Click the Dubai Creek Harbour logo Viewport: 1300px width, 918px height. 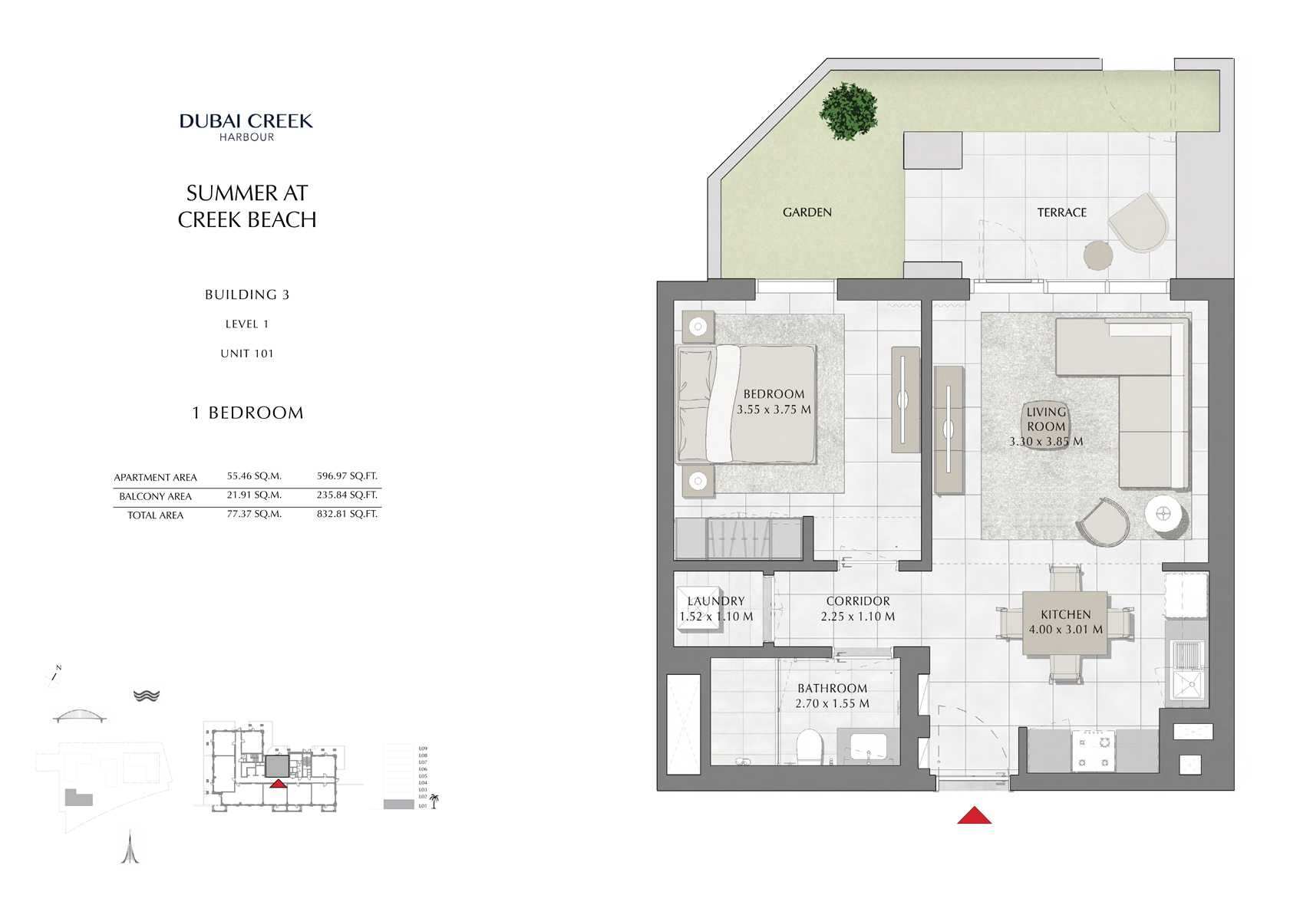pyautogui.click(x=246, y=127)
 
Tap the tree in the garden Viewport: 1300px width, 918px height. pyautogui.click(x=848, y=111)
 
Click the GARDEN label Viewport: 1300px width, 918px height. pyautogui.click(x=807, y=212)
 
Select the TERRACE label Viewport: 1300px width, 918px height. pyautogui.click(x=1061, y=212)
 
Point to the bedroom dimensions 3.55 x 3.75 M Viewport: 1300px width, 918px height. pyautogui.click(x=774, y=410)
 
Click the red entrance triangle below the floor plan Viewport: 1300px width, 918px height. pyautogui.click(x=974, y=816)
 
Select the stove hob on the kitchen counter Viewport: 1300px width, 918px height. pyautogui.click(x=1093, y=750)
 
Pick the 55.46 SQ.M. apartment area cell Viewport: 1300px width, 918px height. pyautogui.click(x=254, y=476)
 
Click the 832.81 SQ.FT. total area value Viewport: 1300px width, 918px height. pyautogui.click(x=347, y=514)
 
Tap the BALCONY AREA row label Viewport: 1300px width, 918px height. pyautogui.click(x=155, y=496)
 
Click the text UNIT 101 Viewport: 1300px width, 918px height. pyautogui.click(x=246, y=354)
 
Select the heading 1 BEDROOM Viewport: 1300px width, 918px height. pyautogui.click(x=247, y=413)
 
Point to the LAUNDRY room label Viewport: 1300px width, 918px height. pyautogui.click(x=715, y=601)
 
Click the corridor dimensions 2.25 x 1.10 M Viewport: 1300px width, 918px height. pyautogui.click(x=857, y=617)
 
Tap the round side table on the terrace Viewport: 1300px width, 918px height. pyautogui.click(x=1097, y=255)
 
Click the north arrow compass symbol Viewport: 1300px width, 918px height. pyautogui.click(x=55, y=674)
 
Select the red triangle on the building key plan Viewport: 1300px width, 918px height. pyautogui.click(x=278, y=784)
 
